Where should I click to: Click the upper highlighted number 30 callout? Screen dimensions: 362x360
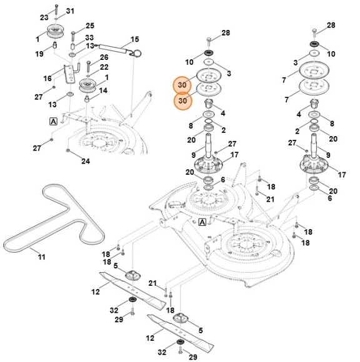pyautogui.click(x=182, y=86)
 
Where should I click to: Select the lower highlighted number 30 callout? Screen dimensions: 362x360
pyautogui.click(x=182, y=100)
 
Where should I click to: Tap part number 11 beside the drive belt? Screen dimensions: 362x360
pyautogui.click(x=42, y=257)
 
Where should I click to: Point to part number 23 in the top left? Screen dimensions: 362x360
pyautogui.click(x=44, y=17)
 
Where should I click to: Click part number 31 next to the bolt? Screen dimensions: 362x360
pyautogui.click(x=69, y=11)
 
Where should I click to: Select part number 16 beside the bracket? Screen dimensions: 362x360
pyautogui.click(x=47, y=79)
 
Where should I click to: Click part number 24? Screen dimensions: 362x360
pyautogui.click(x=86, y=161)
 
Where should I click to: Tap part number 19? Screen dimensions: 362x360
pyautogui.click(x=39, y=54)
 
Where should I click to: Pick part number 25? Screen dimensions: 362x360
pyautogui.click(x=90, y=26)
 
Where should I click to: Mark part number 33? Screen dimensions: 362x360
pyautogui.click(x=89, y=37)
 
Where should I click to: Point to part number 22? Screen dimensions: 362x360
pyautogui.click(x=104, y=67)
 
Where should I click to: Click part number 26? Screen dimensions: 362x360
pyautogui.click(x=104, y=57)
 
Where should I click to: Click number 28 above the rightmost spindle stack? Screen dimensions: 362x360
pyautogui.click(x=331, y=25)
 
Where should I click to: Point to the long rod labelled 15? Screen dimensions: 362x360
pyautogui.click(x=116, y=46)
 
